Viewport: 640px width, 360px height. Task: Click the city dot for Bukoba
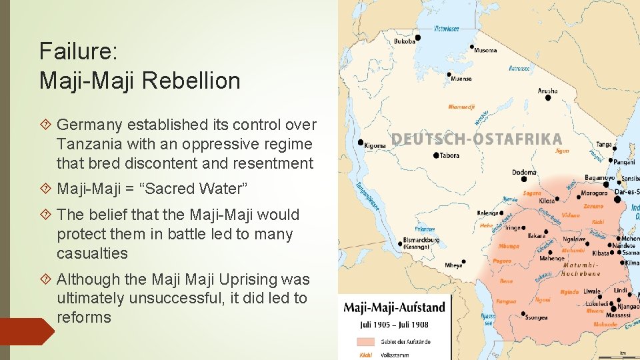coord(418,37)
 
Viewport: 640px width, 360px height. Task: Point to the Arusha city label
coord(547,90)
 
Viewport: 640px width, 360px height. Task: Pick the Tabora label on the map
coord(450,156)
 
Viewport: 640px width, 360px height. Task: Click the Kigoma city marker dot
coord(361,142)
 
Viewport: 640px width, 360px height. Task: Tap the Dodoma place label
coord(524,172)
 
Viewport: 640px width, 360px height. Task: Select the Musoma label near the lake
coord(485,51)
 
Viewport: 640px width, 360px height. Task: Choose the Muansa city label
coord(461,79)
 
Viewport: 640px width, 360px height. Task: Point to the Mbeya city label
coord(453,265)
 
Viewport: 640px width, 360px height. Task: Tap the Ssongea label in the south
coord(535,318)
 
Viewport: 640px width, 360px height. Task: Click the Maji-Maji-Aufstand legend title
coord(393,308)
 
